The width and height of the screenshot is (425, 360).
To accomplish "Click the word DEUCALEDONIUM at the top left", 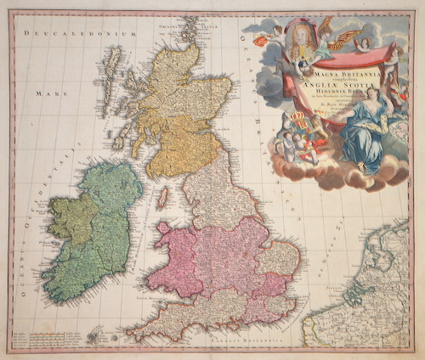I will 81,33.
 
